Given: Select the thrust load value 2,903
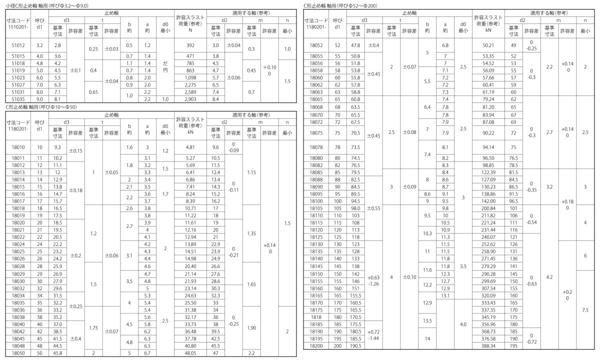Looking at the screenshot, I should point(189,99).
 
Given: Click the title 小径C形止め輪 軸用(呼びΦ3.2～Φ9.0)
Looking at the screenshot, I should point(45,5).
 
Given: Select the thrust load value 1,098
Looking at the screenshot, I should point(189,78).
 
